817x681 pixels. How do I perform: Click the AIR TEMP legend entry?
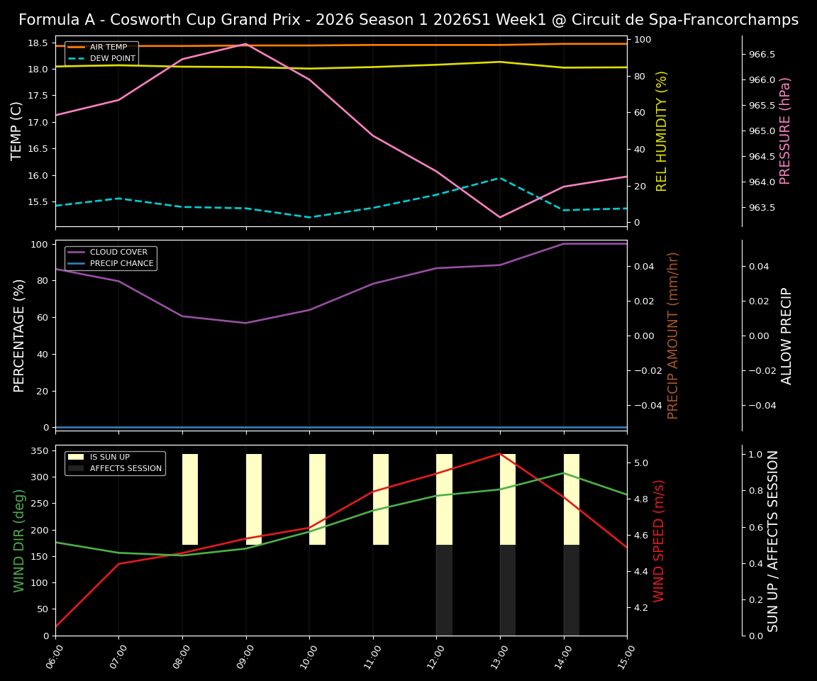108,48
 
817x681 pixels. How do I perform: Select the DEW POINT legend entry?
112,59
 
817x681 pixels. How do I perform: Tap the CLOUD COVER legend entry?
118,253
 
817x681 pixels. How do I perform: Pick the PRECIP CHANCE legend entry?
121,264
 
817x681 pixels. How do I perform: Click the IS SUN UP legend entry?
109,458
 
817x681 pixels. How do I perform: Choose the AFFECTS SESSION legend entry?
125,469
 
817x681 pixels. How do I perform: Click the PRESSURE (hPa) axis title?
785,131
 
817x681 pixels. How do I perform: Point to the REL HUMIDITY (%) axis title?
662,131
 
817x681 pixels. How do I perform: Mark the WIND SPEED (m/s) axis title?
660,541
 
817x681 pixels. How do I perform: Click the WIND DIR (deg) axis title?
19,541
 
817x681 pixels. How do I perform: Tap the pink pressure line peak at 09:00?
245,44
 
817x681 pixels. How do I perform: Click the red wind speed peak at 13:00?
500,453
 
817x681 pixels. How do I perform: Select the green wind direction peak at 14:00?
564,472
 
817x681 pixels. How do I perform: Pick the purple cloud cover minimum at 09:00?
245,323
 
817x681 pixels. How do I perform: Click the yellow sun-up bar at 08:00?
190,499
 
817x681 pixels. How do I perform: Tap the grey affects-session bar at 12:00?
444,590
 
